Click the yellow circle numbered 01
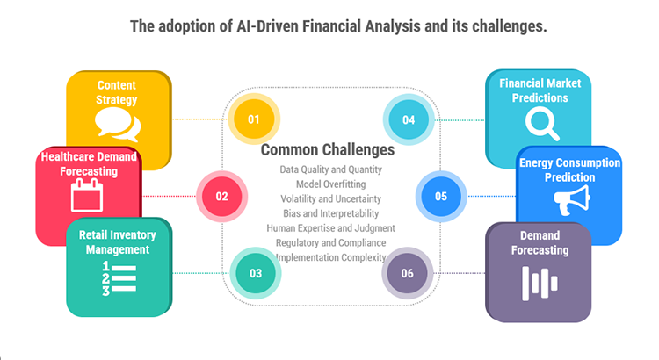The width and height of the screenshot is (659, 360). (x=254, y=119)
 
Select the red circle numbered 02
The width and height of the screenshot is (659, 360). (x=221, y=196)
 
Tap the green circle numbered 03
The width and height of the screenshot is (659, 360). (x=255, y=273)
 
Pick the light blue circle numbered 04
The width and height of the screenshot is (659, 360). (x=409, y=119)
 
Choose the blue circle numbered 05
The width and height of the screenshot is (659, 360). (x=440, y=196)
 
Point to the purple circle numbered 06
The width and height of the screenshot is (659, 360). (x=407, y=273)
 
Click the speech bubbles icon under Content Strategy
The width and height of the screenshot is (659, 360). (x=119, y=126)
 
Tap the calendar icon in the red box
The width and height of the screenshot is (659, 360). (x=87, y=195)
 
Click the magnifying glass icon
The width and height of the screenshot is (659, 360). (x=540, y=123)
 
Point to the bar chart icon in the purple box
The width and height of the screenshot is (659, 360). (x=540, y=281)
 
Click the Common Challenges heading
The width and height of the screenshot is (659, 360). (x=328, y=150)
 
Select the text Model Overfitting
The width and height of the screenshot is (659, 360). (x=330, y=184)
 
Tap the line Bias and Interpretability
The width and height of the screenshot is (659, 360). (x=330, y=213)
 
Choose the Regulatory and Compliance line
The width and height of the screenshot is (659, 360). (x=330, y=242)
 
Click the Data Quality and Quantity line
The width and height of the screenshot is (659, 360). (x=330, y=169)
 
